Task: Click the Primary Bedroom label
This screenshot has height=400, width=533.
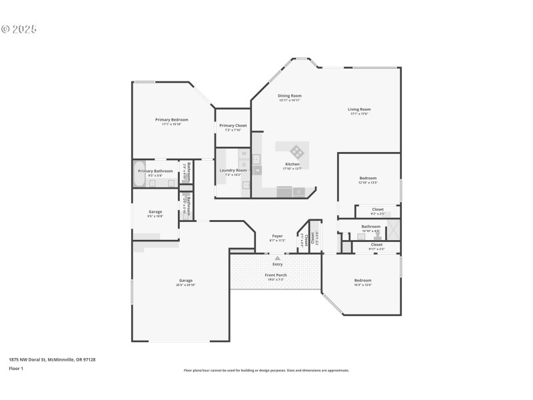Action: [172, 120]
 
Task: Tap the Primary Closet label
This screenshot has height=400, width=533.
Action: [233, 125]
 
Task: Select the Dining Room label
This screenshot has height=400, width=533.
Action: [290, 96]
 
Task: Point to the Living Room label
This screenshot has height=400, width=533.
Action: [359, 109]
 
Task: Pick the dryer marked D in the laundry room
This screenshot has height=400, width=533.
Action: [243, 163]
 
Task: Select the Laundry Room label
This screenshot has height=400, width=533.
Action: [233, 171]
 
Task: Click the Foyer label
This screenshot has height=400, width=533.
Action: [278, 237]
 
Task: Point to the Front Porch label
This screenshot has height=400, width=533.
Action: [276, 275]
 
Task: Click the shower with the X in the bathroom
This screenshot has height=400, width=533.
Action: [393, 229]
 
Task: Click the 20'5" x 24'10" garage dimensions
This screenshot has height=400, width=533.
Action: [185, 285]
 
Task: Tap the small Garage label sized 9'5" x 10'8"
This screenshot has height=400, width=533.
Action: [155, 212]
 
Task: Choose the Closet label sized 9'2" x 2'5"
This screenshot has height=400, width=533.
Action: [378, 210]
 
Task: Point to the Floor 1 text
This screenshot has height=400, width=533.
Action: [16, 368]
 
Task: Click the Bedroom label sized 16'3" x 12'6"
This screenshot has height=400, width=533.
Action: [362, 281]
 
